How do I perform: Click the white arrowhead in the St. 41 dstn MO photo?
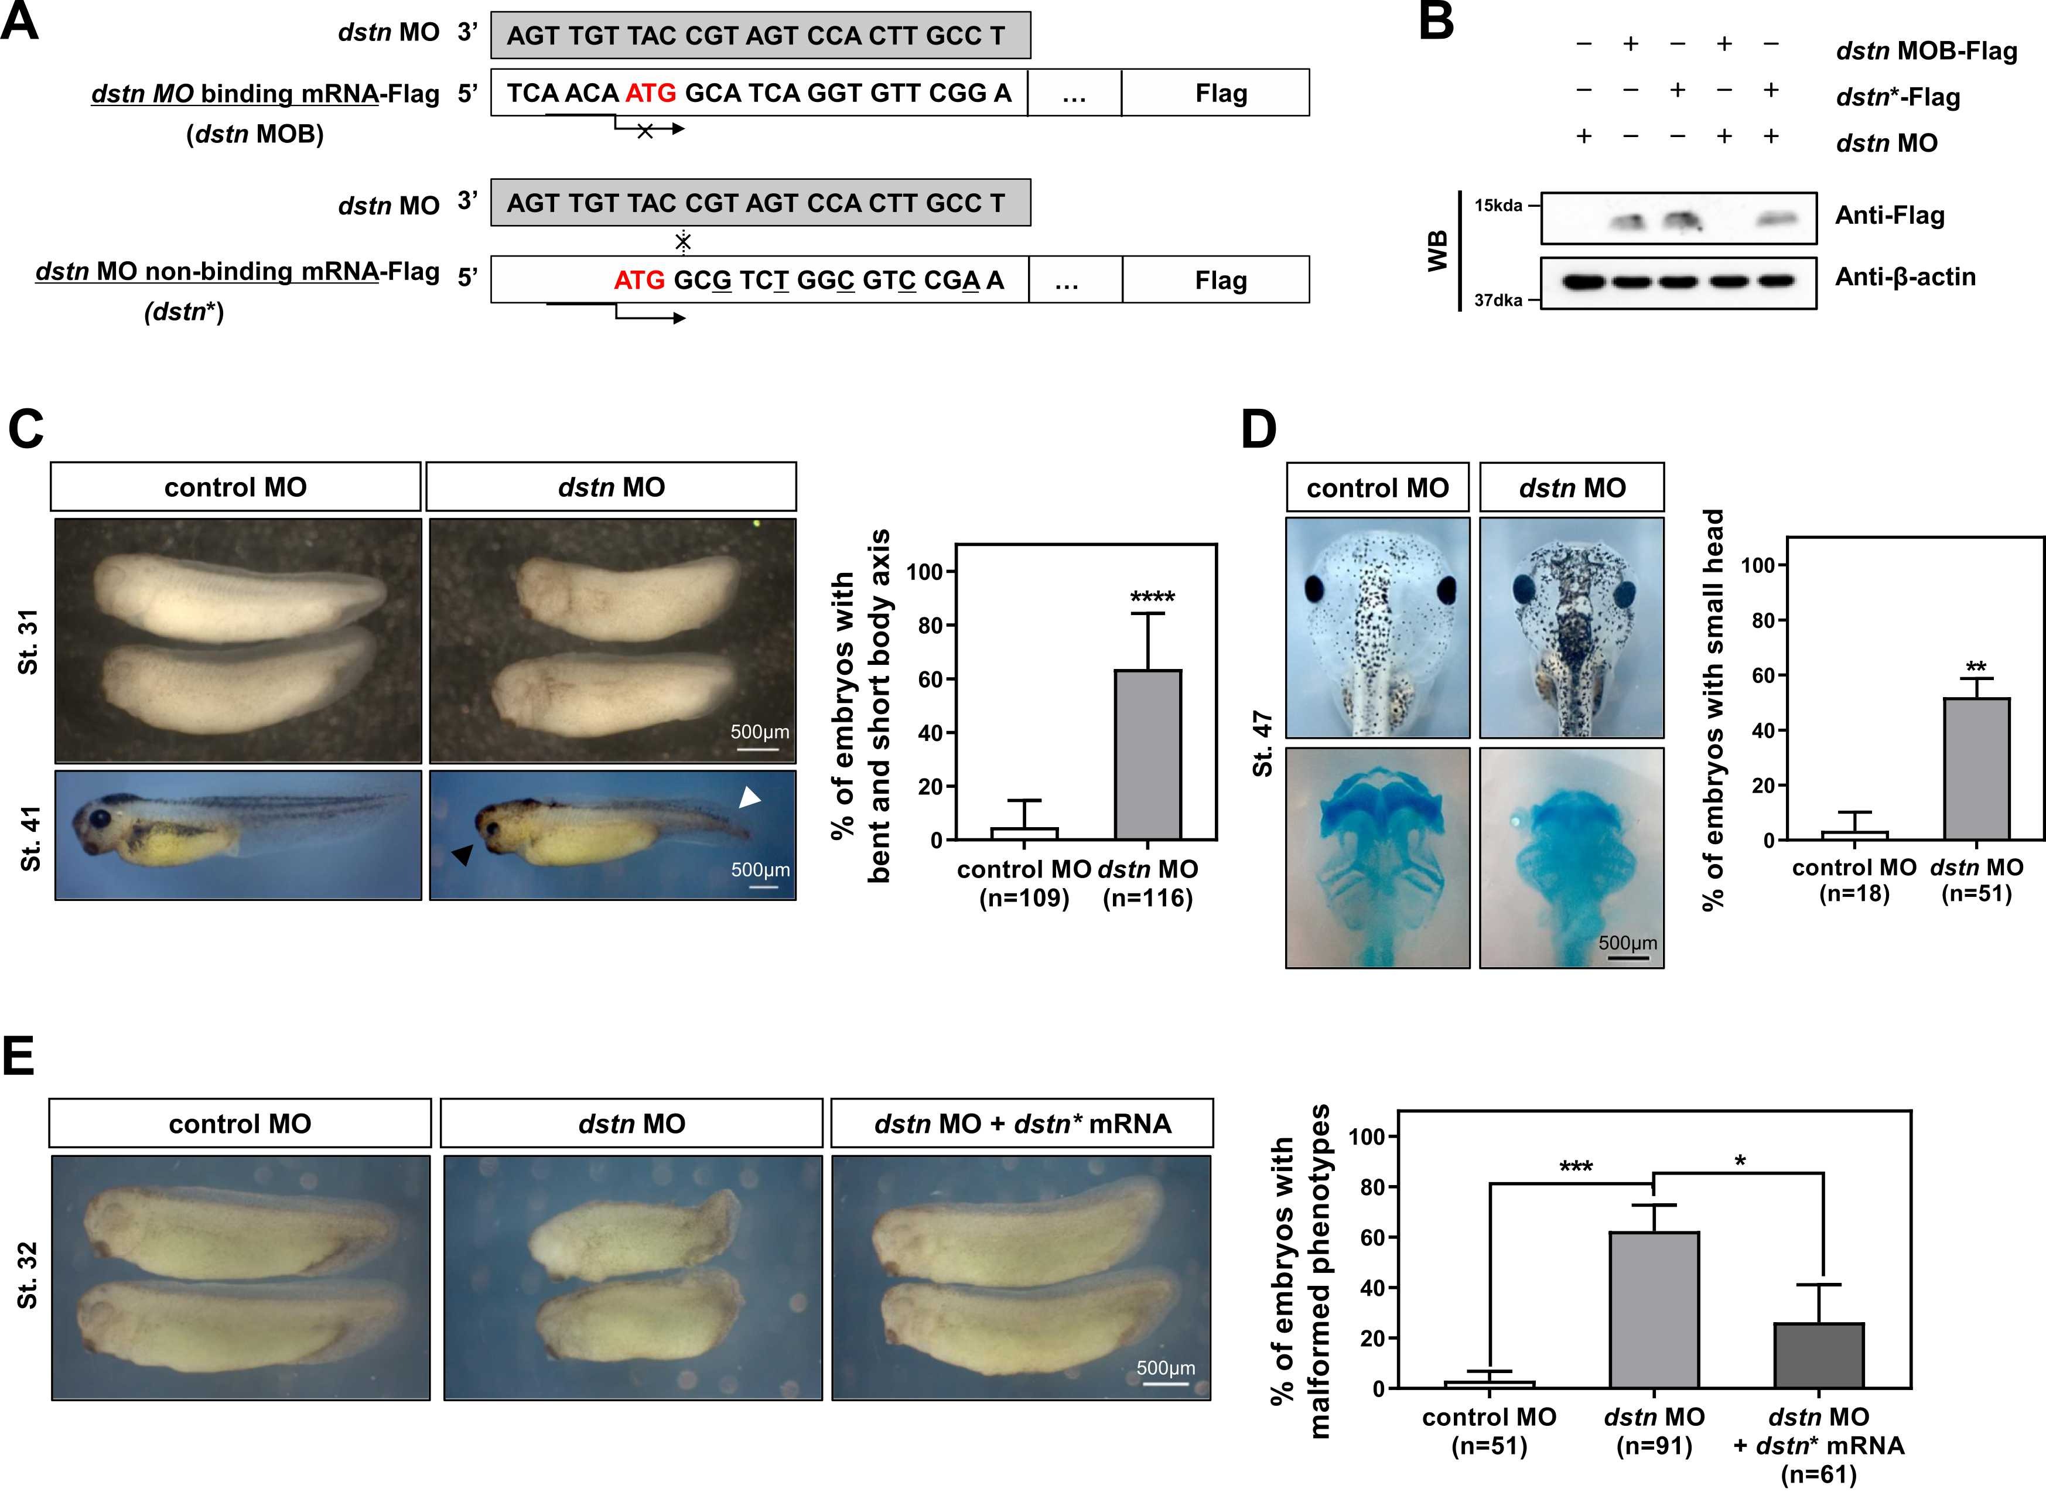[749, 798]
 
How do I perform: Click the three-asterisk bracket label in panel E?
[1576, 1167]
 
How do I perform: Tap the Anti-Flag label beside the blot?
[1889, 216]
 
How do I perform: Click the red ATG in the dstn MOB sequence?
[650, 93]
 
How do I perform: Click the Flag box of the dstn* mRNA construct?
[1220, 281]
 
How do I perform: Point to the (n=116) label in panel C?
[1147, 898]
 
